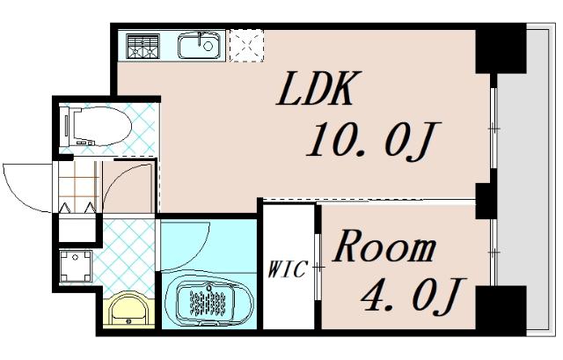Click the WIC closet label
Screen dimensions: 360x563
pos(288,269)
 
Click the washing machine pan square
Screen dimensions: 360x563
pos(77,265)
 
